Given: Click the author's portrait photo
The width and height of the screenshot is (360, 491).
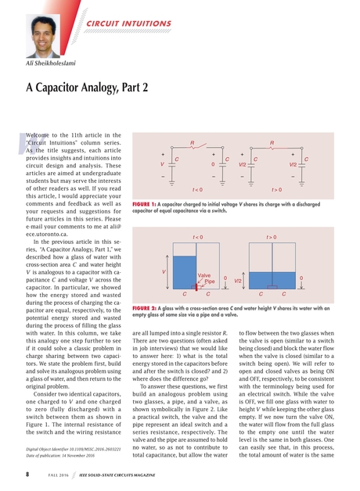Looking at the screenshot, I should click(x=43, y=30).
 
